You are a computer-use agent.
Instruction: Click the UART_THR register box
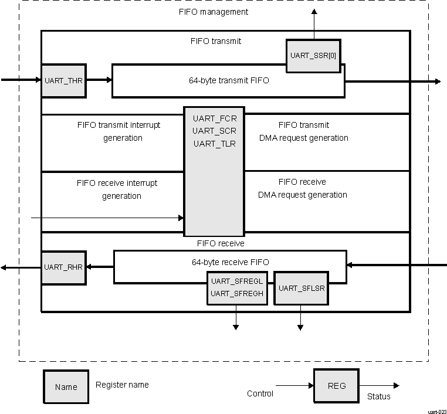point(63,80)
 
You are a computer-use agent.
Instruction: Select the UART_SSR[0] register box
point(313,56)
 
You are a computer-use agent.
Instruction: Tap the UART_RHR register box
point(63,267)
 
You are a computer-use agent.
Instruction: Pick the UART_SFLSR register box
point(302,288)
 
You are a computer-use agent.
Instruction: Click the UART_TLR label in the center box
point(214,144)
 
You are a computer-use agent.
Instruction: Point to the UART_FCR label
point(214,118)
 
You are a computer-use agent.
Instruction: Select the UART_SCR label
point(214,131)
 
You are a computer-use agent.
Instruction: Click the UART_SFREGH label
point(236,293)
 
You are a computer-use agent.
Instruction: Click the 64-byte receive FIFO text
point(231,262)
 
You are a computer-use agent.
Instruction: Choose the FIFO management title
point(213,12)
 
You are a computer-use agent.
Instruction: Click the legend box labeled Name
point(66,387)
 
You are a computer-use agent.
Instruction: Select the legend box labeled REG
point(336,386)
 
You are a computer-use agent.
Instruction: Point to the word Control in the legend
point(260,393)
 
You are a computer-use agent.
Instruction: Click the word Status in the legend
point(378,397)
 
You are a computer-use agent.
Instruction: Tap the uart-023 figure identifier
point(436,411)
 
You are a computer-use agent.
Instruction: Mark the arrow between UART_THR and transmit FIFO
point(99,80)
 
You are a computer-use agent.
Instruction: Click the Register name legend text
point(122,385)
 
